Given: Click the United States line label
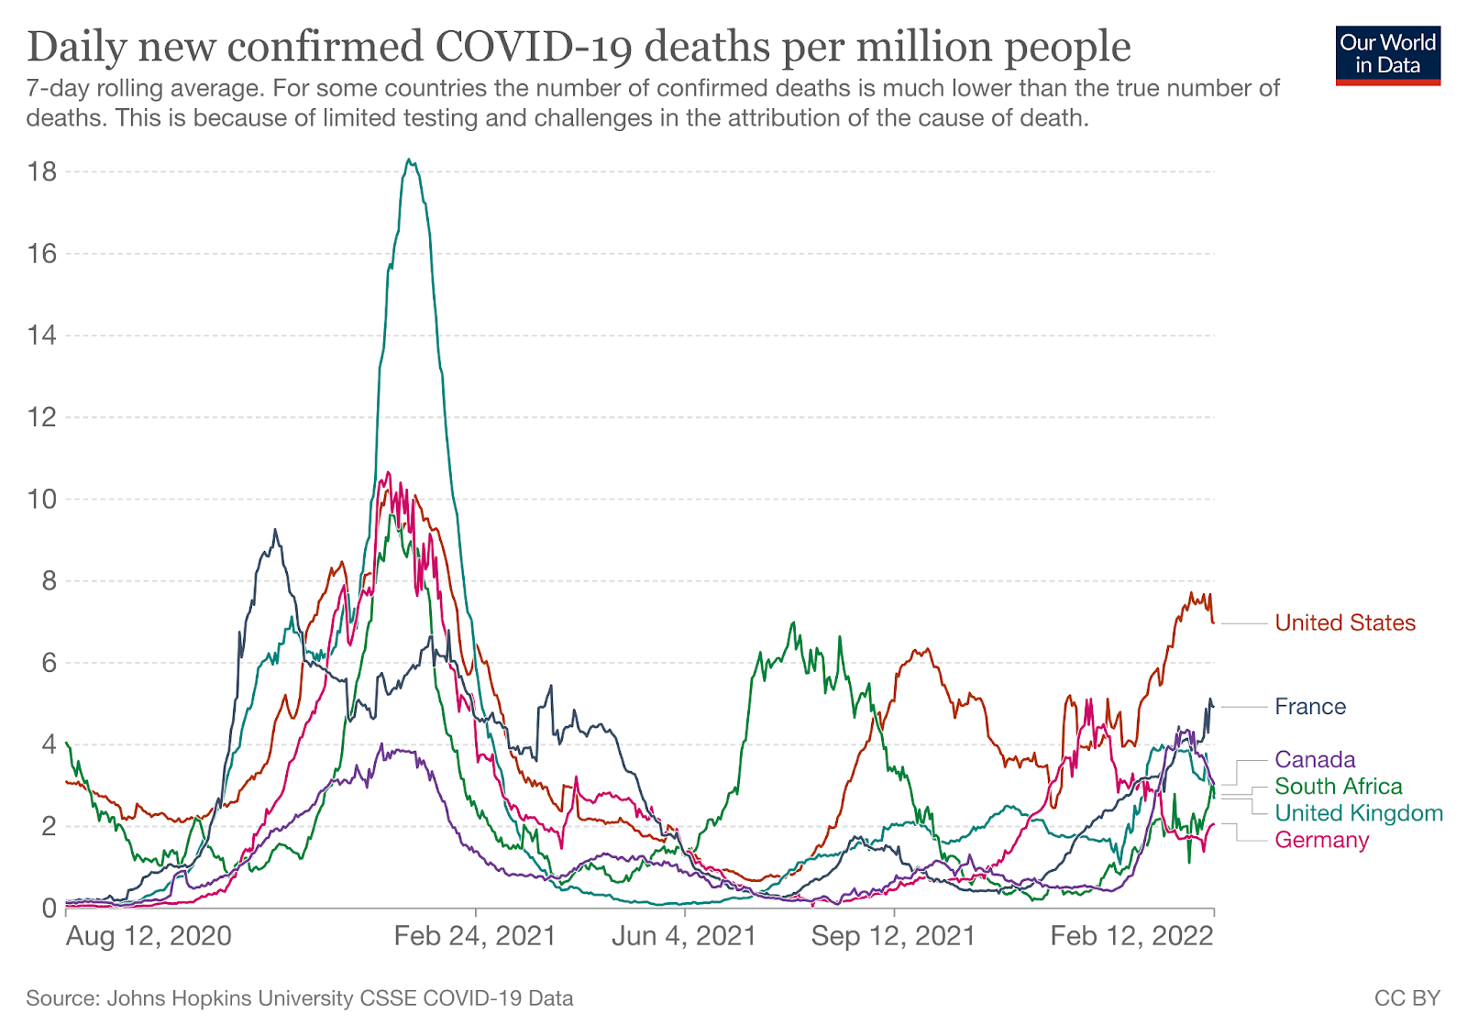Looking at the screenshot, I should click(1345, 623).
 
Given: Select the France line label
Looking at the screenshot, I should click(1310, 707).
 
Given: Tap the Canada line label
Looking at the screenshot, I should click(1315, 760).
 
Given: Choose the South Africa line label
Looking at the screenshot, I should click(1338, 787).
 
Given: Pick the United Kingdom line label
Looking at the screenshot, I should click(1359, 813).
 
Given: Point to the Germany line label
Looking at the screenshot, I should click(1321, 841).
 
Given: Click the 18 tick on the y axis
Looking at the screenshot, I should click(43, 172).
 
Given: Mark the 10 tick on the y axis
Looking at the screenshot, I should click(43, 500).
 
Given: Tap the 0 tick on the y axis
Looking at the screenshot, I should click(49, 909).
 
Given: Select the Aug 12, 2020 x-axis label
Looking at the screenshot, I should click(149, 936).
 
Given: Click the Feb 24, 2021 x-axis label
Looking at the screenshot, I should click(475, 936).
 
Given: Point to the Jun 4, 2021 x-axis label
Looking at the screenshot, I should click(684, 936).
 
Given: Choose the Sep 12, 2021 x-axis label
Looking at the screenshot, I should click(893, 936).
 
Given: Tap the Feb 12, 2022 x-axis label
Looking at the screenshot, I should click(1131, 936).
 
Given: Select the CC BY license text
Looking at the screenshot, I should click(1406, 998).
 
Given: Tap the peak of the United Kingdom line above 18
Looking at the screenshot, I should click(410, 161).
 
